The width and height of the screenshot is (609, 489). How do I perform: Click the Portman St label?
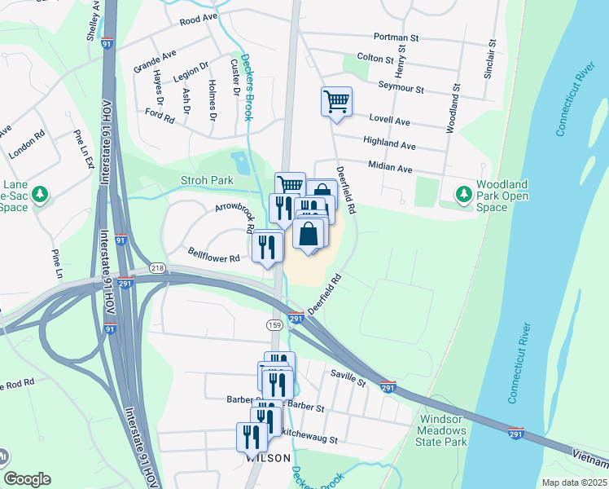(396, 37)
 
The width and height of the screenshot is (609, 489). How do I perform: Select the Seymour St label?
(401, 88)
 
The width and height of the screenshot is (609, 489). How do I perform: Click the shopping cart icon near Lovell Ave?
(336, 102)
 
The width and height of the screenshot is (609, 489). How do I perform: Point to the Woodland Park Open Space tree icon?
(464, 194)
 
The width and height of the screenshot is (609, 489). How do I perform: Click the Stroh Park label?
(207, 180)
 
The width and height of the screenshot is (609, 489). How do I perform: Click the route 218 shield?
(157, 268)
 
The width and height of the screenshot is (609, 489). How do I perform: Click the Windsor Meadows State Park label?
(442, 430)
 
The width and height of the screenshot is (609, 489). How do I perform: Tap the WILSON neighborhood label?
(268, 459)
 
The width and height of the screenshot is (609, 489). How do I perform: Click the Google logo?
(27, 479)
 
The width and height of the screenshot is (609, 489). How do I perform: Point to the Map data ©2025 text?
(574, 482)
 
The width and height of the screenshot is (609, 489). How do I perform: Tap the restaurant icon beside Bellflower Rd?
(268, 246)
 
